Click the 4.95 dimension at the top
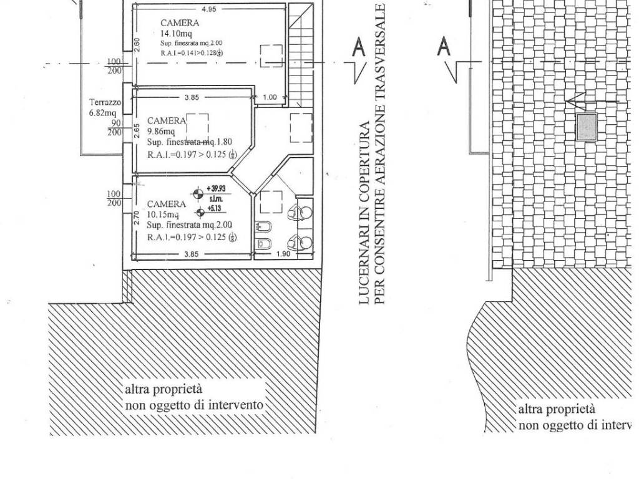pyautogui.click(x=208, y=9)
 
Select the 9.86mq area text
pyautogui.click(x=161, y=132)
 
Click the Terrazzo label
pyautogui.click(x=104, y=102)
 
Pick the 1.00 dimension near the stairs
pyautogui.click(x=270, y=97)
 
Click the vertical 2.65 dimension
pyautogui.click(x=137, y=130)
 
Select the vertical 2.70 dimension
pyautogui.click(x=137, y=217)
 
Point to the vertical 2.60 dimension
pyautogui.click(x=137, y=44)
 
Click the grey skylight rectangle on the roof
pyautogui.click(x=586, y=127)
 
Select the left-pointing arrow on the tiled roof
pyautogui.click(x=593, y=100)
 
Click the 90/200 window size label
pyautogui.click(x=114, y=128)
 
